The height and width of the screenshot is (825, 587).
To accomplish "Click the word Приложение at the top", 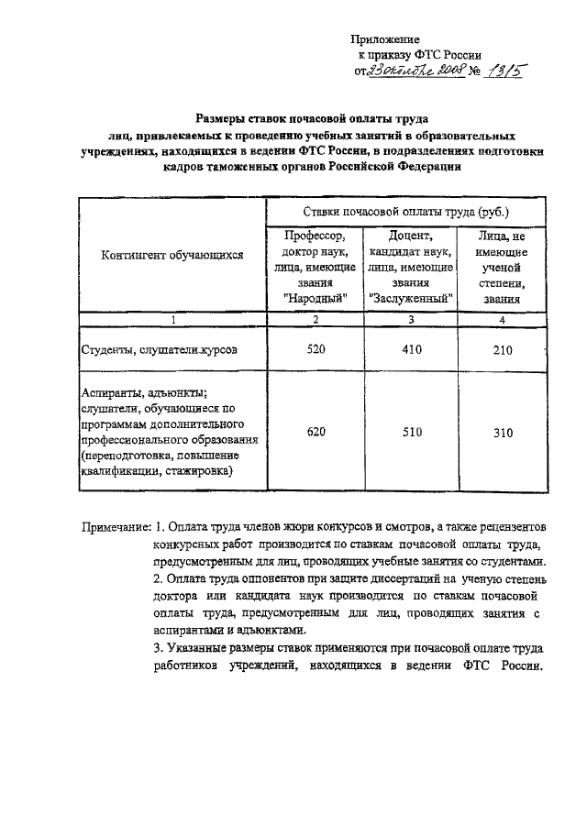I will tap(387, 40).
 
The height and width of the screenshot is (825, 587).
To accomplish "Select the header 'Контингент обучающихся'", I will tap(172, 257).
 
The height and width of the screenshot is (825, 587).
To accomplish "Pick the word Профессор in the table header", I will tap(316, 236).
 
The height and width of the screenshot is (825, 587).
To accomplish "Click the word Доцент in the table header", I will tap(410, 236).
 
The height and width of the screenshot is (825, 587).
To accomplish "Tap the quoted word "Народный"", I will tap(316, 298).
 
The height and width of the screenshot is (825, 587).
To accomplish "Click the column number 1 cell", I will tap(172, 319).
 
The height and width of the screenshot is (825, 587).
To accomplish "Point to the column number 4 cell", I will tap(502, 319).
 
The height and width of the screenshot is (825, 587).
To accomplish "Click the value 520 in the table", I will tap(316, 348).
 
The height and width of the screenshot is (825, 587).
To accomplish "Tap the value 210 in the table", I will tap(502, 348).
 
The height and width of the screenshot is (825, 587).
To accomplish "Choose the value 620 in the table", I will tap(316, 433).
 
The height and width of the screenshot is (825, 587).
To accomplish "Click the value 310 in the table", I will tap(502, 433).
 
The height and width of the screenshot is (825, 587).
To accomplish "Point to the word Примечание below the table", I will tap(115, 529).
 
